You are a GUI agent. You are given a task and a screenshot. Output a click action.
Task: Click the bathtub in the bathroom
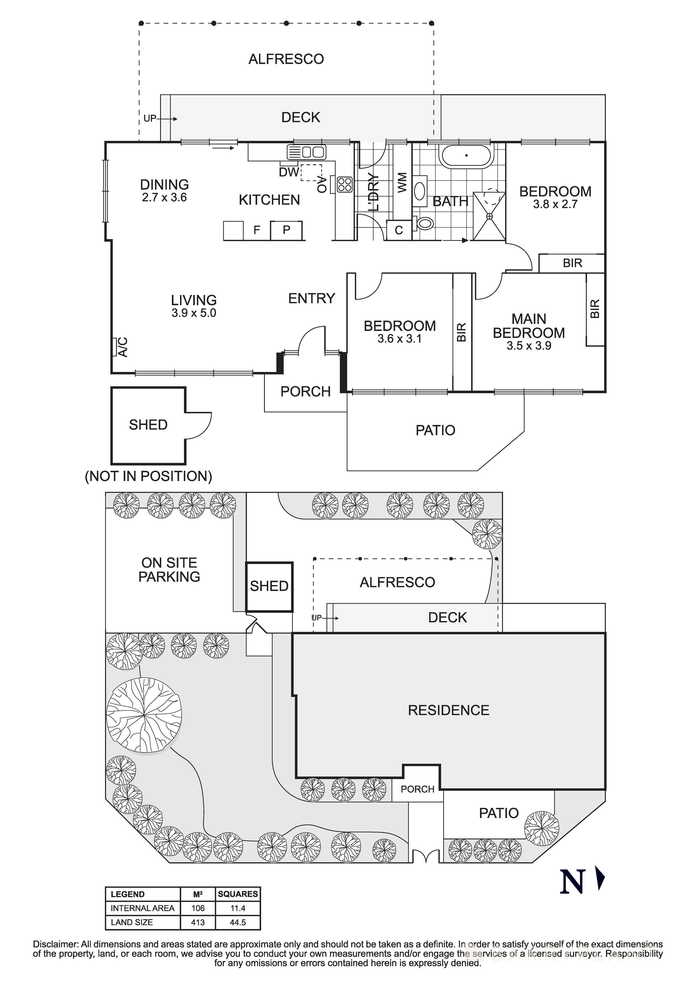466,156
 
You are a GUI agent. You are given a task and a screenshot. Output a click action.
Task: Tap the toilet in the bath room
425,223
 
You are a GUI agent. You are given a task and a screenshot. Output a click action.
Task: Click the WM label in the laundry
402,182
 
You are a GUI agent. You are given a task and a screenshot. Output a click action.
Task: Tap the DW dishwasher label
288,172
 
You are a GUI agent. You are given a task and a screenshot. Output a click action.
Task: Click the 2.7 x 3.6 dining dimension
164,198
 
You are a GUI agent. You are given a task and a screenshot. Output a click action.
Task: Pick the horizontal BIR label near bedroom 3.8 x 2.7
572,263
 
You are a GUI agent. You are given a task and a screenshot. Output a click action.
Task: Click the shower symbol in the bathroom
490,216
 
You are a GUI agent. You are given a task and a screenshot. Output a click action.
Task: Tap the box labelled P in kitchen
286,230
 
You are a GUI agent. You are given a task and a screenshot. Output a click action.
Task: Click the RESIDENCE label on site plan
448,710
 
